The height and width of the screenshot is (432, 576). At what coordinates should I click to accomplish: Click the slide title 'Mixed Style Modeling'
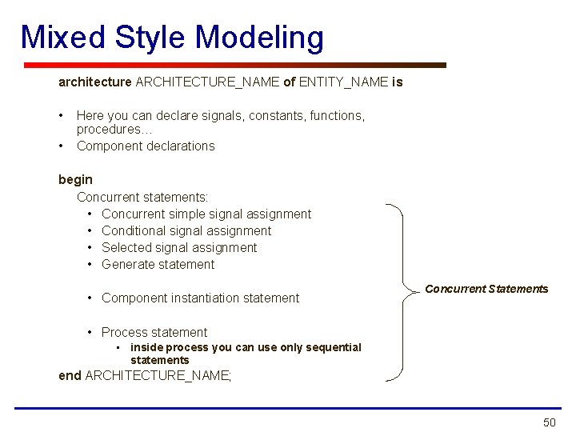point(172,38)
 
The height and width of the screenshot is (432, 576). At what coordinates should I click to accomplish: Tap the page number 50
point(549,422)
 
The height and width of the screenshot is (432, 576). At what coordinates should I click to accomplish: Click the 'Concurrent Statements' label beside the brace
point(486,289)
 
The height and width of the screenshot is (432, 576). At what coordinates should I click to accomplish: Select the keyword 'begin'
point(75,180)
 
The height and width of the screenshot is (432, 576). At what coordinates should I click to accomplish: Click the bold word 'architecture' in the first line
point(94,82)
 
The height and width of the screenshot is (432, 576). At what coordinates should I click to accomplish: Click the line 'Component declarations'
point(146,146)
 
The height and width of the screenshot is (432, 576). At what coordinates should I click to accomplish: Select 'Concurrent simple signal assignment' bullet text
point(206,214)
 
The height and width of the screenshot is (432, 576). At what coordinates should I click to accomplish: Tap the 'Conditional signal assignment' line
point(186,230)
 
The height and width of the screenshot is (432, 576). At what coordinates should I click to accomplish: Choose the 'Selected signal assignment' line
point(179,247)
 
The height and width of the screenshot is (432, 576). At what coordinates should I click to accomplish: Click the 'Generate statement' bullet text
point(158,264)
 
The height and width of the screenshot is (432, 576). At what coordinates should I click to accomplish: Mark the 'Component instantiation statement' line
point(200,298)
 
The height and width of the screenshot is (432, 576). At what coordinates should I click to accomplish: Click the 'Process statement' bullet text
point(154,332)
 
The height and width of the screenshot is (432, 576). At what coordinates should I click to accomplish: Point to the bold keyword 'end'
point(70,375)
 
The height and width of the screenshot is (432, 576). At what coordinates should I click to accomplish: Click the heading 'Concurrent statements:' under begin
point(142,197)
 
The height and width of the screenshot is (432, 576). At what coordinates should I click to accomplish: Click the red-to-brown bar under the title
point(234,65)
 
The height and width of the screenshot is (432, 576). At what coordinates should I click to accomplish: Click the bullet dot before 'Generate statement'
point(91,264)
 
